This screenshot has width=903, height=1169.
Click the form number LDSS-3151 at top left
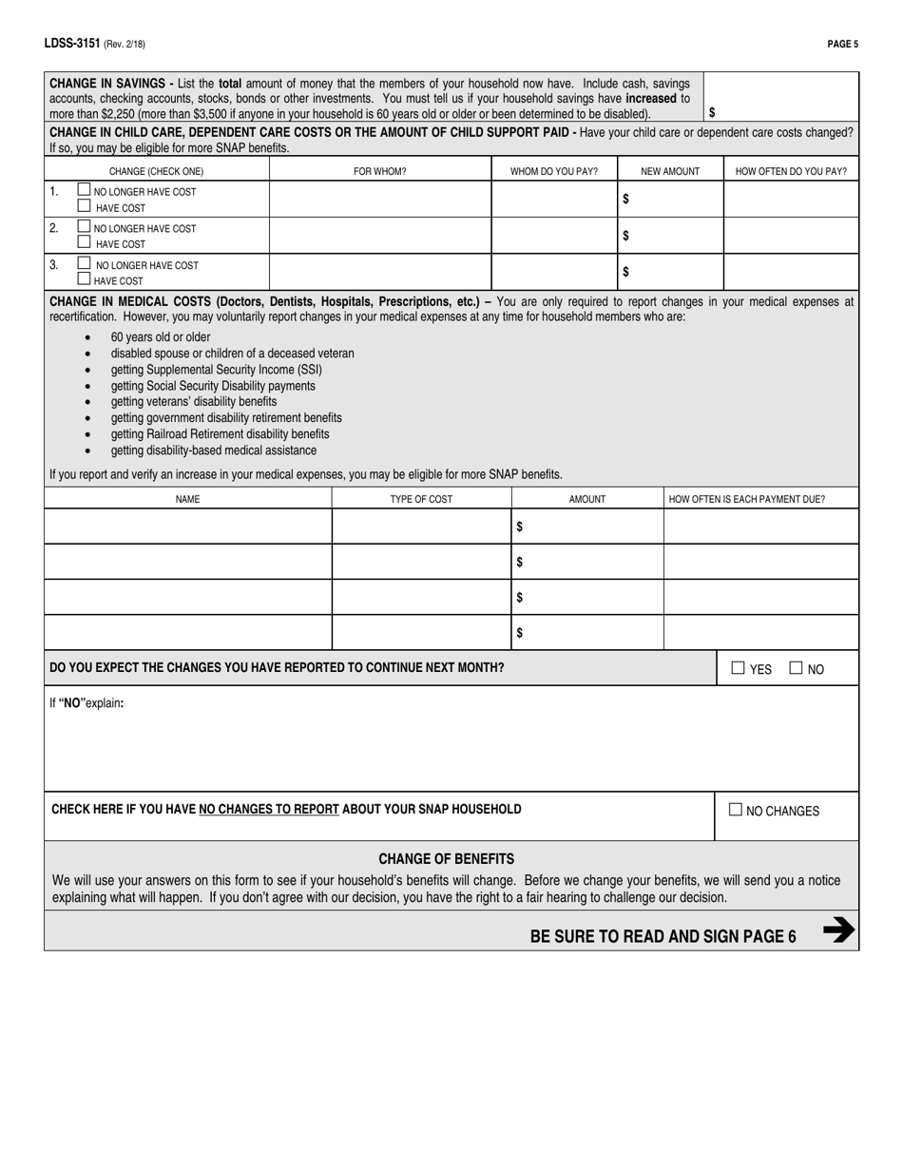(x=71, y=44)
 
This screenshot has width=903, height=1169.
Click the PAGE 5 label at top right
(x=842, y=44)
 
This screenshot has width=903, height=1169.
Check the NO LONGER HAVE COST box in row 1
(x=84, y=190)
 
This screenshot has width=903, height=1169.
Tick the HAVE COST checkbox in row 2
(x=84, y=242)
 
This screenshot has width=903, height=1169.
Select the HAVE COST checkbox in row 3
(x=84, y=279)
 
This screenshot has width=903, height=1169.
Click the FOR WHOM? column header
(x=379, y=172)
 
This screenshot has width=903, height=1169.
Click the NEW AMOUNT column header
(x=670, y=172)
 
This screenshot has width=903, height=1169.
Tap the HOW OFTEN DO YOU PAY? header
(x=791, y=172)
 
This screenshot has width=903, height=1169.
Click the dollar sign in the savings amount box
(x=712, y=111)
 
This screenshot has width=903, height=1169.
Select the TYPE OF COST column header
(x=421, y=499)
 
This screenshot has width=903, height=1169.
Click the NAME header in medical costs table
(x=187, y=499)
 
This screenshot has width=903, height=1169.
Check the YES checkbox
(x=738, y=668)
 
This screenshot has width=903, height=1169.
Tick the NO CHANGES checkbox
(x=736, y=810)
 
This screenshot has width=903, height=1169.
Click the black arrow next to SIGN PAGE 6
(x=836, y=931)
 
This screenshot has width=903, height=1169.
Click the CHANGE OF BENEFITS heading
(x=446, y=858)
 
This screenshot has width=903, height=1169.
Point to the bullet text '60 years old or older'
(x=161, y=337)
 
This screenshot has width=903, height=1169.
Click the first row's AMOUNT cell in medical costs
(x=586, y=527)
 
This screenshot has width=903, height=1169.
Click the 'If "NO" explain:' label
(x=87, y=704)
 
